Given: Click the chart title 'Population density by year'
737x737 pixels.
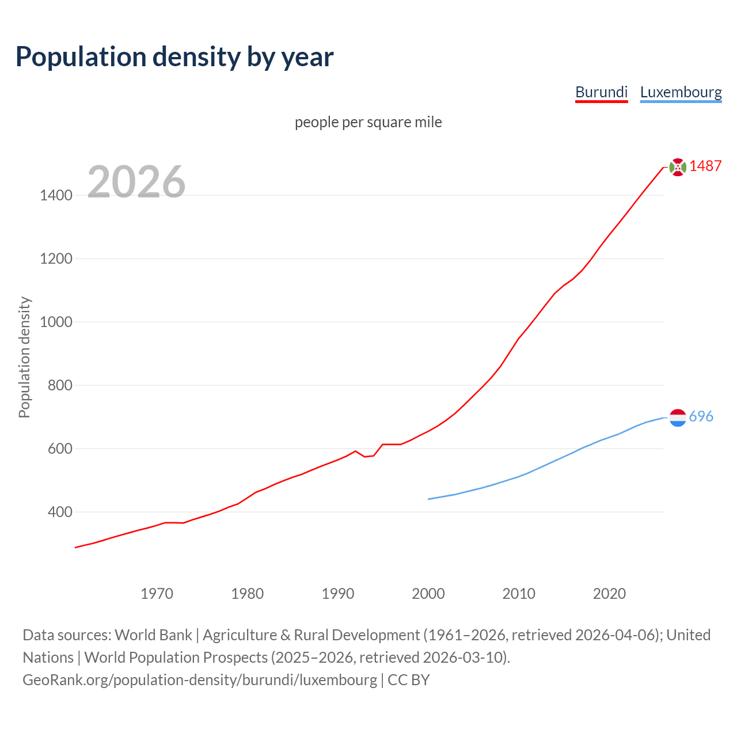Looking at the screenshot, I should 174,57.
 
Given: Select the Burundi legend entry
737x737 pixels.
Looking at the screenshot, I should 601,92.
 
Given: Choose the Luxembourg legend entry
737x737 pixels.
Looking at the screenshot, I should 681,92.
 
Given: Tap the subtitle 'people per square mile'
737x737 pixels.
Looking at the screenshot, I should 368,122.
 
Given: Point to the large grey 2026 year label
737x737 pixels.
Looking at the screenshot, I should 136,182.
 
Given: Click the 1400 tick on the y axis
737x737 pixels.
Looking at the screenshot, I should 56,195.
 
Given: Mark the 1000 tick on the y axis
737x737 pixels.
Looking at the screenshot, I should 56,322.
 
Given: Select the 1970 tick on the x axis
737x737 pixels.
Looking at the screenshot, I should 157,594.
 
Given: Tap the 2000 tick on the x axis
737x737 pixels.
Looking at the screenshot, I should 428,594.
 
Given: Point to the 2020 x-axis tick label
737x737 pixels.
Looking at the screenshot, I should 609,594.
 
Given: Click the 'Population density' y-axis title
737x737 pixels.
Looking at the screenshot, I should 24,357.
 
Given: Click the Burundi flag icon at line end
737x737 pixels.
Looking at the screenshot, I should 678,167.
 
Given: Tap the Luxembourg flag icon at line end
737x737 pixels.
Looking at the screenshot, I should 678,417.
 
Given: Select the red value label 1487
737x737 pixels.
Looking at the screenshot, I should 705,166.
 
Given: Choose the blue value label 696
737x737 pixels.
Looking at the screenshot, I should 701,416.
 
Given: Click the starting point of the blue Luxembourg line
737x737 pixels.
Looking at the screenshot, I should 428,499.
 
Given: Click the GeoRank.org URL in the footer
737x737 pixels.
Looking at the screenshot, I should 200,679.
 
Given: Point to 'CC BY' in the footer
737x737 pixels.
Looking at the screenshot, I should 409,679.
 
